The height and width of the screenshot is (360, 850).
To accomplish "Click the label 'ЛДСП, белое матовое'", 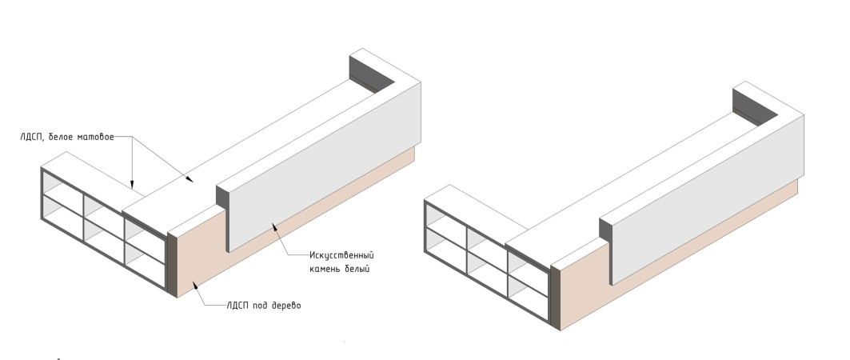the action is pos(67,137).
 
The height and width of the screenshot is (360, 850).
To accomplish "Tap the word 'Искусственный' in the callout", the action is pos(341,255).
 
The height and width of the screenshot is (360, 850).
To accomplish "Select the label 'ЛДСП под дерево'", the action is pos(263,306).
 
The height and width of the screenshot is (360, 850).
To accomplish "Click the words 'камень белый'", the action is pos(339,269).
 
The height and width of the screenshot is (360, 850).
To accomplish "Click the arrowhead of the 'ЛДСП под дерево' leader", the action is pos(195,285).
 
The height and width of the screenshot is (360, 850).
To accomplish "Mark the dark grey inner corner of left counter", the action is pos(371,71).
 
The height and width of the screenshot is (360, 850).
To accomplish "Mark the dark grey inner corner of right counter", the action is pos(755,105).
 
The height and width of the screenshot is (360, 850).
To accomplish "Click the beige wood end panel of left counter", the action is pos(202,253).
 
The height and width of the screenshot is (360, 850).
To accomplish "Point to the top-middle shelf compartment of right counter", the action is pos(485,237).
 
